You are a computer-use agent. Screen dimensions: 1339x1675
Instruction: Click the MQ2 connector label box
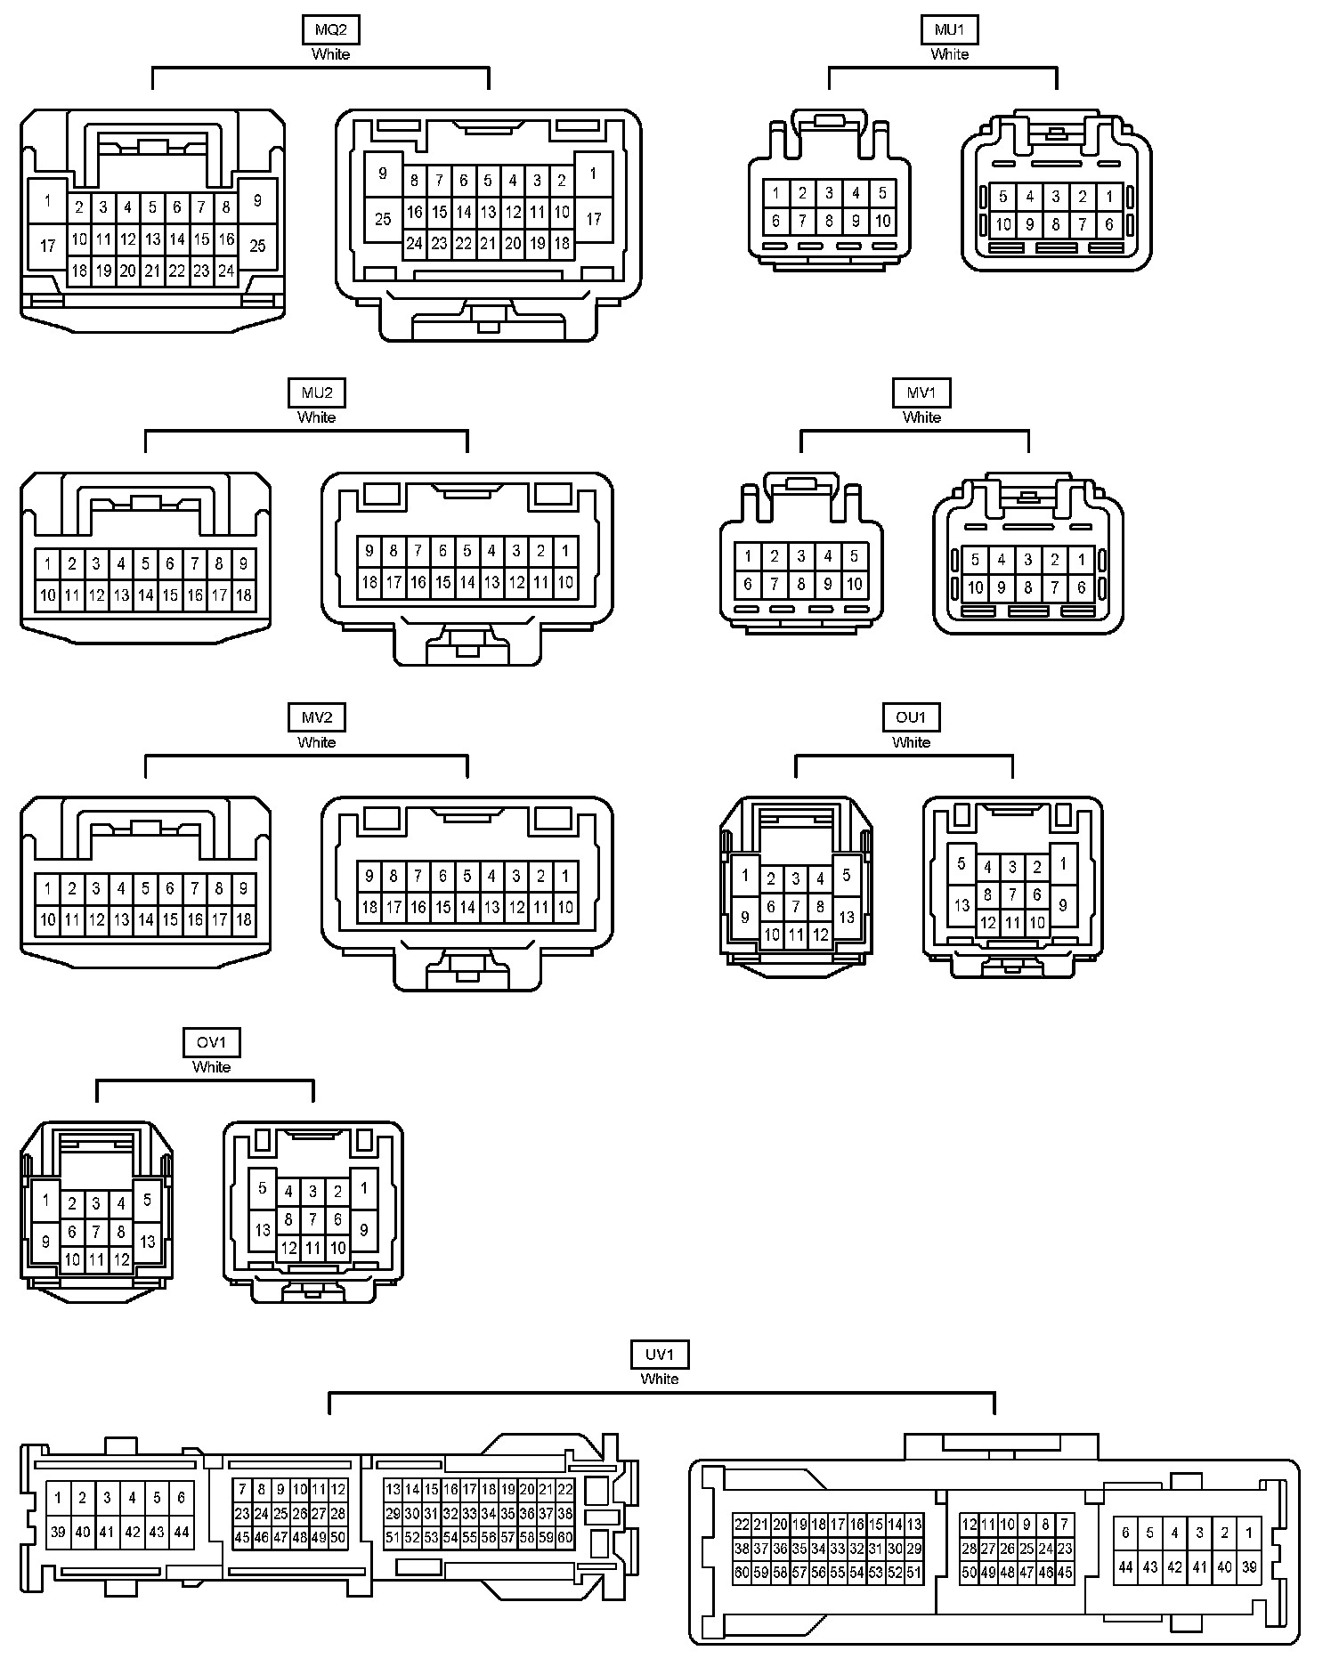pyautogui.click(x=330, y=29)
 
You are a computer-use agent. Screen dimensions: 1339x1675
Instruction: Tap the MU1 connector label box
pyautogui.click(x=949, y=29)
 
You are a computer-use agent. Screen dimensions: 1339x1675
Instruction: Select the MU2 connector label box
pyautogui.click(x=316, y=392)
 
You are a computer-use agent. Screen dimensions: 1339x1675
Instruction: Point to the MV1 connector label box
pyautogui.click(x=921, y=392)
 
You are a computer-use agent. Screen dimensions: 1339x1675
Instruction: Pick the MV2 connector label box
pyautogui.click(x=316, y=717)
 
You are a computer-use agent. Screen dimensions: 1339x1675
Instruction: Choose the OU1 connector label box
pyautogui.click(x=911, y=717)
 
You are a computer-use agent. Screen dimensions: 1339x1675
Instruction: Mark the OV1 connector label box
pyautogui.click(x=211, y=1042)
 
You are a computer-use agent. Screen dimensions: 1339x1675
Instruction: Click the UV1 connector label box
pyautogui.click(x=659, y=1355)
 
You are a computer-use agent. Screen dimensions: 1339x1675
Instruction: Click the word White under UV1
pyautogui.click(x=659, y=1379)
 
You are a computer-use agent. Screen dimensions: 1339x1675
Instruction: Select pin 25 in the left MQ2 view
pyautogui.click(x=257, y=245)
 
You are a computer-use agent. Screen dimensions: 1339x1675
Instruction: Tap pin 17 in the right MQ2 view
pyautogui.click(x=593, y=218)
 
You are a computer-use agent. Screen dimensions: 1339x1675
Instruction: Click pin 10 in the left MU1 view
pyautogui.click(x=882, y=221)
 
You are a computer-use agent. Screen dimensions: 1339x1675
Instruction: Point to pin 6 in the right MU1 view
pyautogui.click(x=1108, y=224)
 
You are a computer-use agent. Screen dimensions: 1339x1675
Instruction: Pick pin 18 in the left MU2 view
pyautogui.click(x=243, y=595)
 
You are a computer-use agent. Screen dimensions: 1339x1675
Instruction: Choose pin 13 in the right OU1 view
pyautogui.click(x=962, y=906)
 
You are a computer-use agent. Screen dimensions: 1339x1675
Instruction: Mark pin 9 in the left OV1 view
pyautogui.click(x=45, y=1241)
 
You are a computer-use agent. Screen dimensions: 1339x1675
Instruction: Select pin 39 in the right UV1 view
pyautogui.click(x=1248, y=1567)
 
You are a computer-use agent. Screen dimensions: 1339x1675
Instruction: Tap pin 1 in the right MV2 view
pyautogui.click(x=564, y=876)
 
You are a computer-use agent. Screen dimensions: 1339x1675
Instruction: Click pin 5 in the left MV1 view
pyautogui.click(x=854, y=556)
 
